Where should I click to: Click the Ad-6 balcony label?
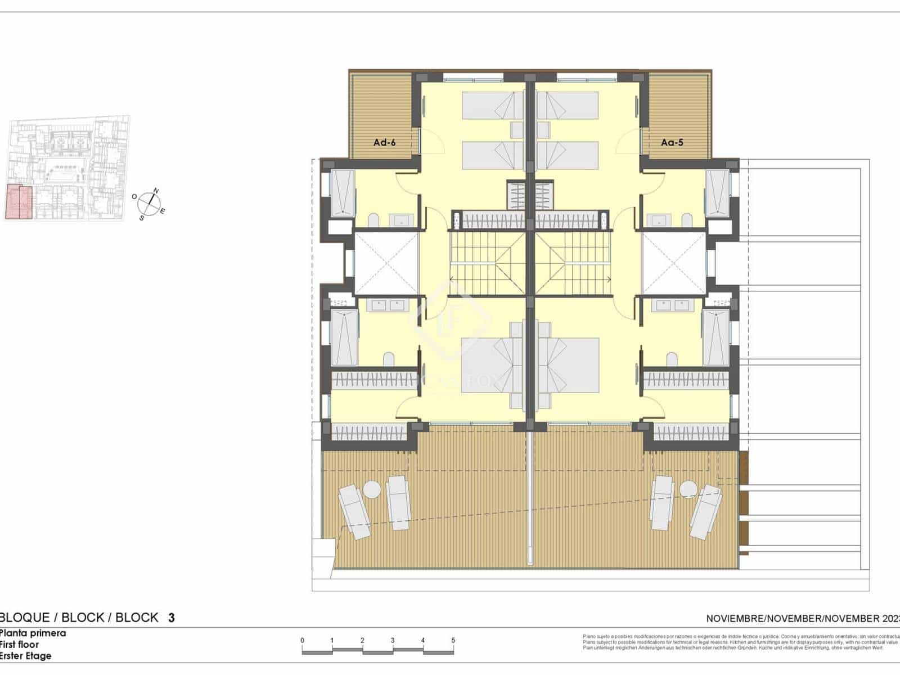tap(384, 143)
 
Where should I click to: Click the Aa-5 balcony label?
tap(672, 143)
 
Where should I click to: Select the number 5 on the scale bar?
tap(453, 641)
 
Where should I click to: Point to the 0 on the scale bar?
tap(302, 641)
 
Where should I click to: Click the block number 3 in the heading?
tap(172, 618)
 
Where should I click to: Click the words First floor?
tap(19, 645)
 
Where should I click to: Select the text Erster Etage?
tap(25, 656)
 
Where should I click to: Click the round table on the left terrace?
tap(372, 489)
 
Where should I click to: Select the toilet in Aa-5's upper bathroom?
tap(687, 219)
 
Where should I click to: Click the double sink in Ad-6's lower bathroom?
tap(386, 305)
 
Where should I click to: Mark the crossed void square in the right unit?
tap(673, 263)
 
